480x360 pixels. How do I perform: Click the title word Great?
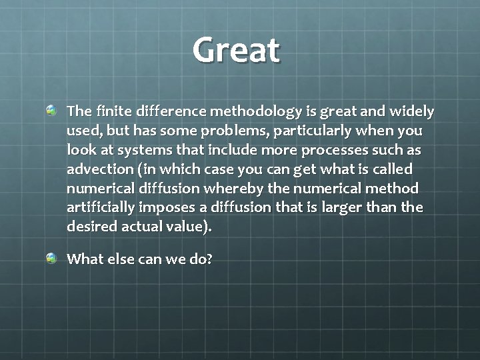[x=237, y=50]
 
